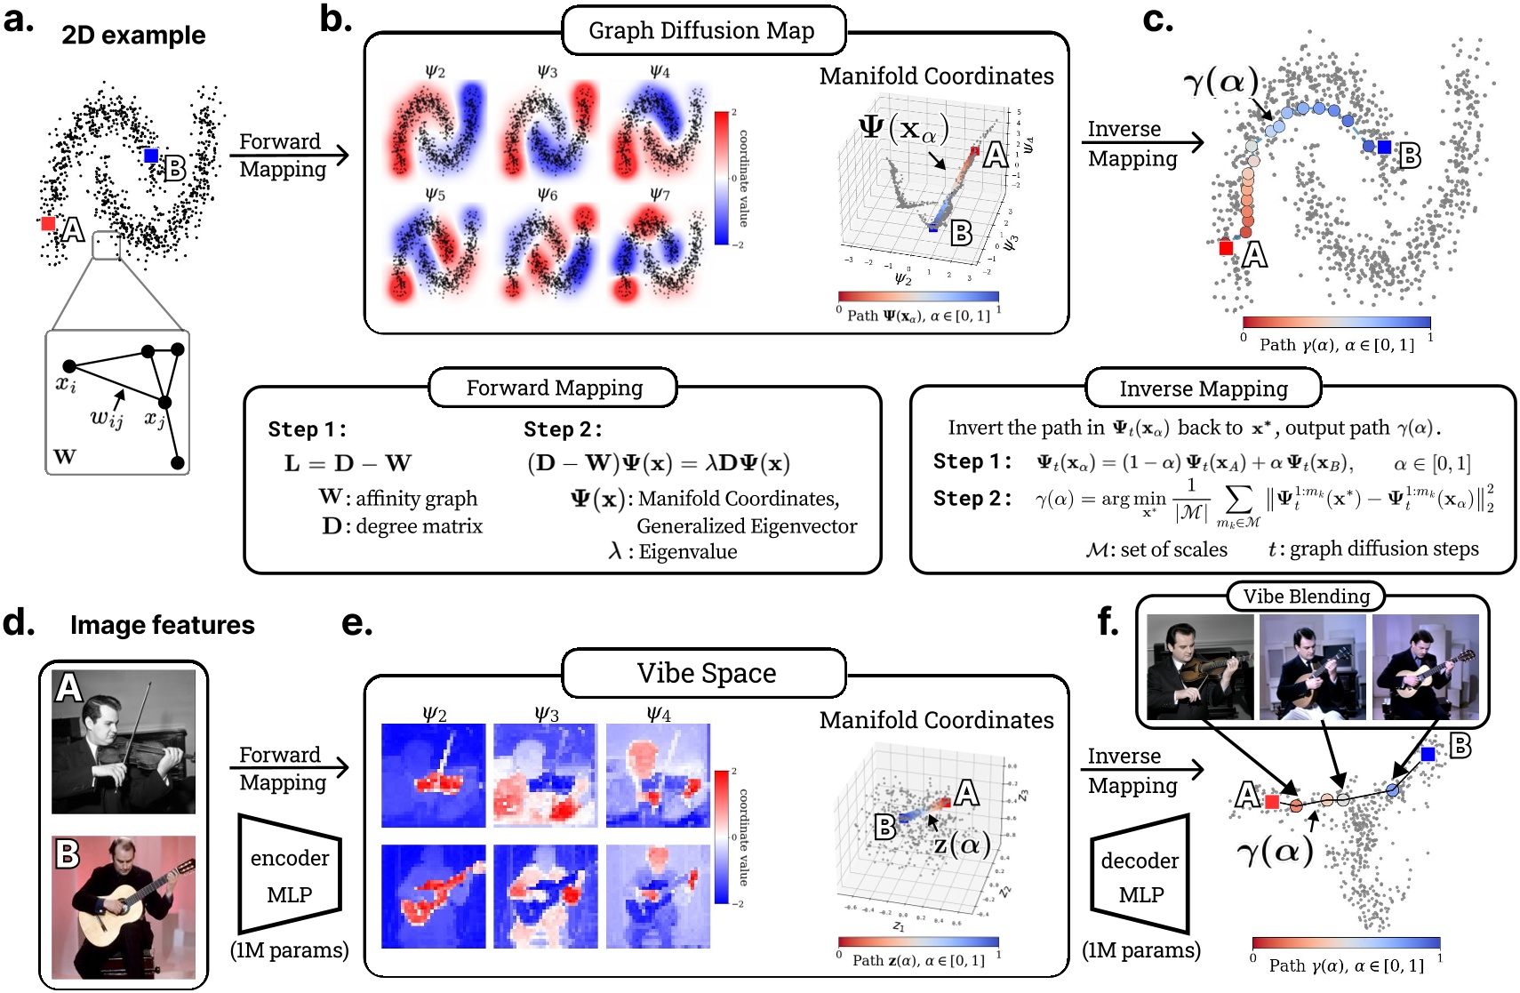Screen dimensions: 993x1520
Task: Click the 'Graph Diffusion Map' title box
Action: [702, 31]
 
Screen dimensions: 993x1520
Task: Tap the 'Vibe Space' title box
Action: [705, 673]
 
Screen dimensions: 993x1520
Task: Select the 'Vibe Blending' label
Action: [1306, 597]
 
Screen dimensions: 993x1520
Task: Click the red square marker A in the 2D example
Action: [48, 223]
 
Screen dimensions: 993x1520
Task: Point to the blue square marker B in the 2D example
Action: [152, 156]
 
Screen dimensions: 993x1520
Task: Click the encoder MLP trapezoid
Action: [289, 875]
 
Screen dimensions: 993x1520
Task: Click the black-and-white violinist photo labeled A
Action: [124, 741]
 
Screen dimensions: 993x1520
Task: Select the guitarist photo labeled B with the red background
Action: [124, 907]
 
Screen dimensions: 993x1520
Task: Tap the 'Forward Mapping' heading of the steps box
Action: [554, 388]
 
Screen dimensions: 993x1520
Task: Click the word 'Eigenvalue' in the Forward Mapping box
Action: [687, 552]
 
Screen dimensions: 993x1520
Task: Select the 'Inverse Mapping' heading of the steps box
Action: [1203, 388]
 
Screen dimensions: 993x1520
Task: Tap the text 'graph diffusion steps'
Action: [1384, 549]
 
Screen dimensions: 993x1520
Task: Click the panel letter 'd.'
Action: [18, 623]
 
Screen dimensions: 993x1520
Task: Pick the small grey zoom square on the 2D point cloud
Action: [107, 245]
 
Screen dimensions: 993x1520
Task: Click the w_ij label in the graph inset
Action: [107, 418]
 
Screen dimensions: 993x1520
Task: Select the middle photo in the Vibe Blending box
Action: [1313, 667]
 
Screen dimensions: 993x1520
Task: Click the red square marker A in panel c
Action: [1226, 248]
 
